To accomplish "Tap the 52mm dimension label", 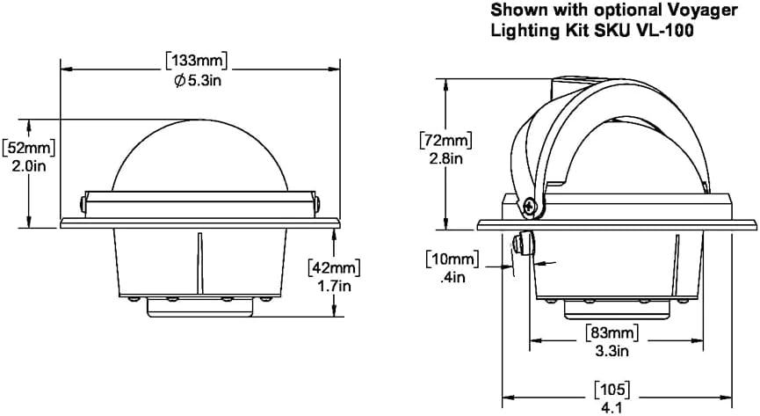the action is point(29,148).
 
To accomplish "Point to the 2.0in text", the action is point(29,166).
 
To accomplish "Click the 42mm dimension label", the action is point(335,267).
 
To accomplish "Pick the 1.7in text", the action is point(335,286).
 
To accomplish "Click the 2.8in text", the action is point(446,158).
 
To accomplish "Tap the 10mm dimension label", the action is point(452,259).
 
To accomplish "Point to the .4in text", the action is point(452,277).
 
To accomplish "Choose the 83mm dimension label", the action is point(612,332).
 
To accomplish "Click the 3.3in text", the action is point(612,350).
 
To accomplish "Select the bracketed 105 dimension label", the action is point(612,390).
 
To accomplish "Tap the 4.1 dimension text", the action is point(612,407).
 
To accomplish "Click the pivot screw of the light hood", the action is point(532,207).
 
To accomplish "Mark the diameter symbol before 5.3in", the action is point(180,81).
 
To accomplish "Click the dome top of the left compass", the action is point(200,120).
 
